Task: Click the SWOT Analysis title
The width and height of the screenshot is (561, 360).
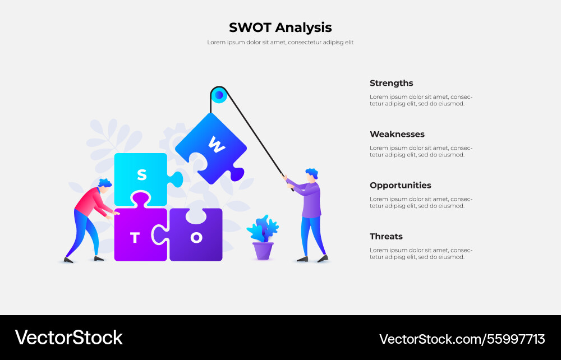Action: pos(280,27)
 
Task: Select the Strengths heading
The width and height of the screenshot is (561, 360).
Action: pos(391,83)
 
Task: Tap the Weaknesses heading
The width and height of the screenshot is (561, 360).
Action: pos(397,134)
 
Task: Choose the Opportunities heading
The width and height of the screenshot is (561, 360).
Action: pos(400,185)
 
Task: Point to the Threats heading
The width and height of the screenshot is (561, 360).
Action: pos(386,236)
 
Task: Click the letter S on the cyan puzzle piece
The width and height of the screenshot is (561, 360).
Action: pos(142,175)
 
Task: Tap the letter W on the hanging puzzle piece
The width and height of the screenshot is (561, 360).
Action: pos(216,146)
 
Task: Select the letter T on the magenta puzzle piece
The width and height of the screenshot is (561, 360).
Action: pos(135,238)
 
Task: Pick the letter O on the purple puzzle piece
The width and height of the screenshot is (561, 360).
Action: pos(196,238)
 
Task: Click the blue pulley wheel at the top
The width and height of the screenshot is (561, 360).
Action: pos(219,95)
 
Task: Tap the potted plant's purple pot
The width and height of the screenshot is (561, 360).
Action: pos(263,251)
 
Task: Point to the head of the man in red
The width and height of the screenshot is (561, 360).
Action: pos(104,187)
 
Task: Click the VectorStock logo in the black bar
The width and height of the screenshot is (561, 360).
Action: pos(68,338)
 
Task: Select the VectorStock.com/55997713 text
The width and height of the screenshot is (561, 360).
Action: pos(462,339)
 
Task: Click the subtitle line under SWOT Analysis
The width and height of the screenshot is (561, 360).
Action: pos(280,43)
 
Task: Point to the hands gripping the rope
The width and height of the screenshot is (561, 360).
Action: pos(288,183)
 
